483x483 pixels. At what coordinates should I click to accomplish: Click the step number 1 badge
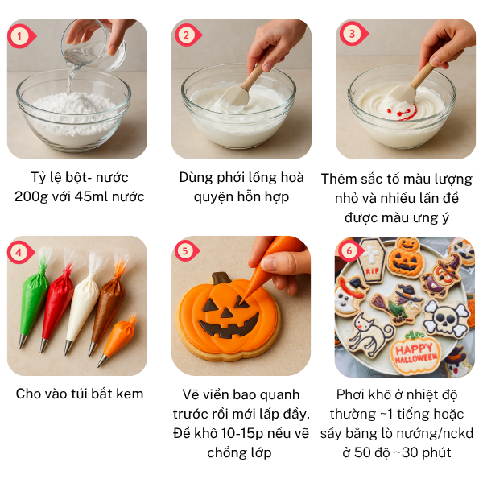point(19,35)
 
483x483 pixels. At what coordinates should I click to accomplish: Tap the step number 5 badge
point(185,250)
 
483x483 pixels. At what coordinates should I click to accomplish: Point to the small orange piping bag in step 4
point(119,332)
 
